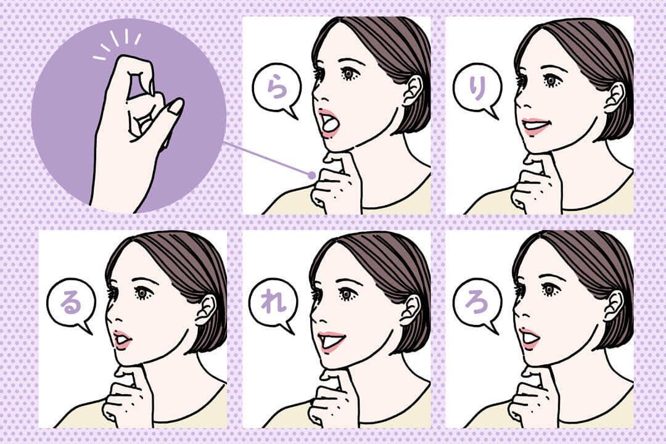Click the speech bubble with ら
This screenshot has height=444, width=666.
click(x=276, y=90)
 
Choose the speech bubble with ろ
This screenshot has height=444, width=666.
click(x=477, y=303)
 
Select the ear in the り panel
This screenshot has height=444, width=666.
click(x=615, y=97)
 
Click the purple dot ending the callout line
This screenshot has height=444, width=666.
click(x=312, y=175)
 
